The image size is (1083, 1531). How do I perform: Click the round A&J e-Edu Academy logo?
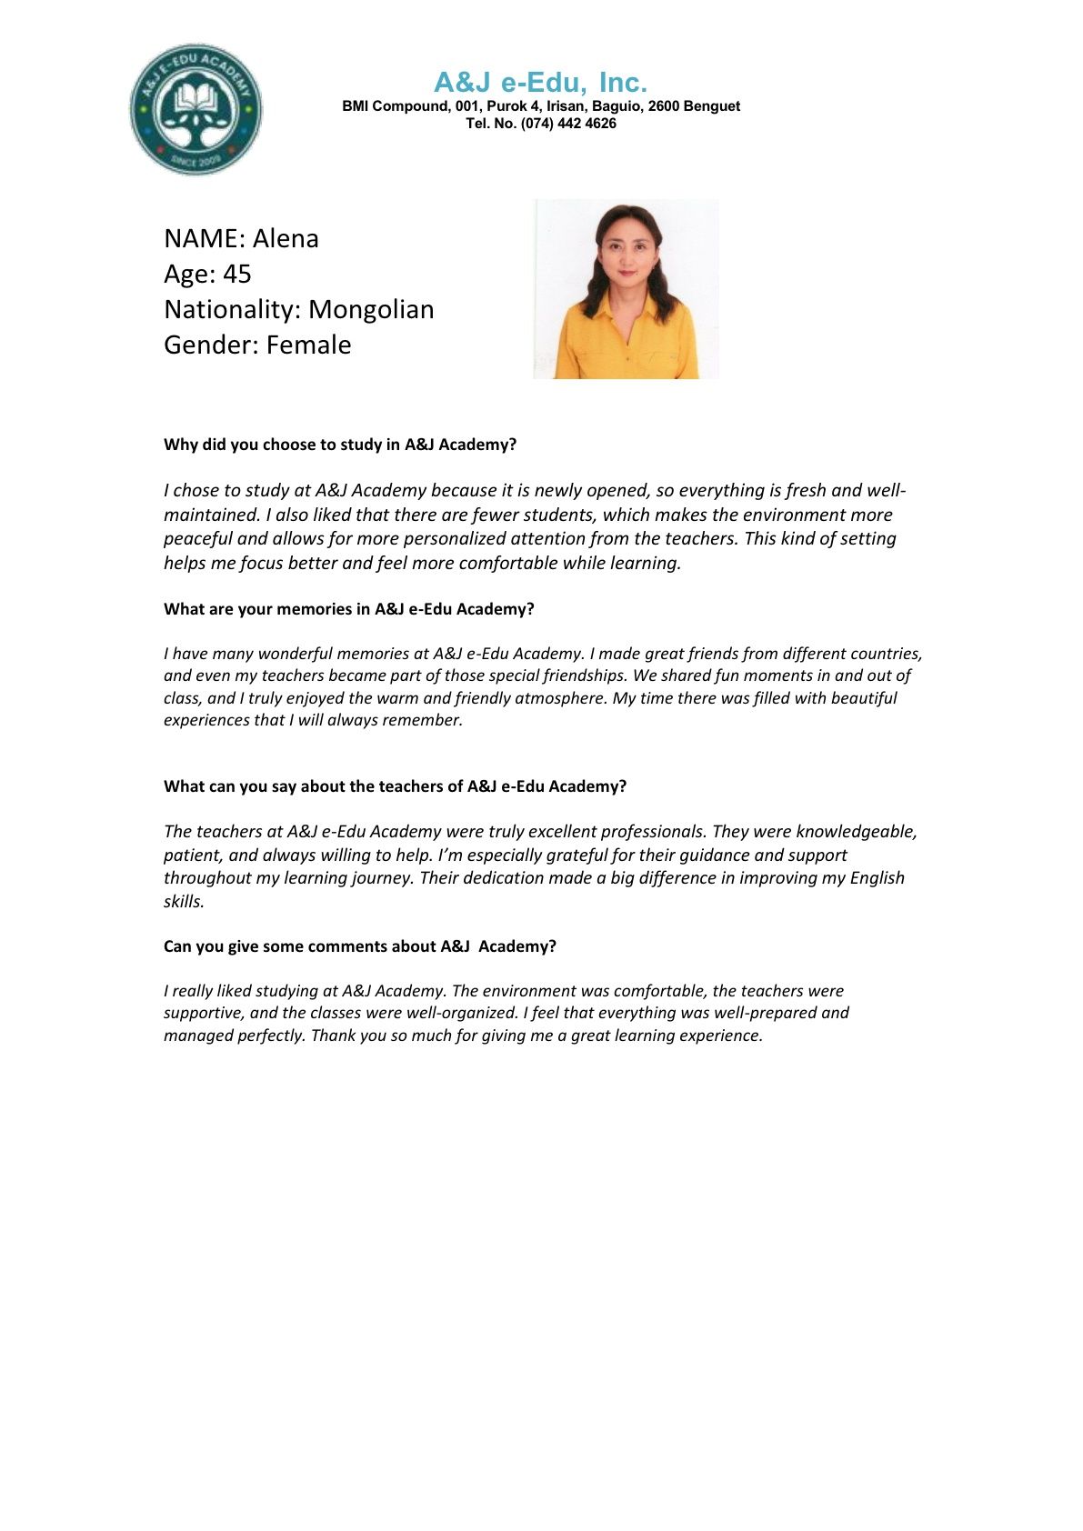click(x=196, y=109)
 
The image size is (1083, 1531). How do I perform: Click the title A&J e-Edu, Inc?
click(x=540, y=83)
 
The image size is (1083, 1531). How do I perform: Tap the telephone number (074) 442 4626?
click(x=568, y=124)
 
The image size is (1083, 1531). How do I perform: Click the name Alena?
click(x=286, y=238)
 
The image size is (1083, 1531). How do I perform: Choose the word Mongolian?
click(x=371, y=309)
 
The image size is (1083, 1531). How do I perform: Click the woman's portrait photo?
click(x=626, y=289)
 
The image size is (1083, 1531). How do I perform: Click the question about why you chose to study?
click(x=340, y=445)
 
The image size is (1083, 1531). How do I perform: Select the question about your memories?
click(x=348, y=609)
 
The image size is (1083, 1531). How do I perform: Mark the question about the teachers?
click(x=395, y=786)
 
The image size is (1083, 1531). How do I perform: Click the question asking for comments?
click(x=359, y=946)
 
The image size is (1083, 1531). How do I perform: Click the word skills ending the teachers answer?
click(x=183, y=902)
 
